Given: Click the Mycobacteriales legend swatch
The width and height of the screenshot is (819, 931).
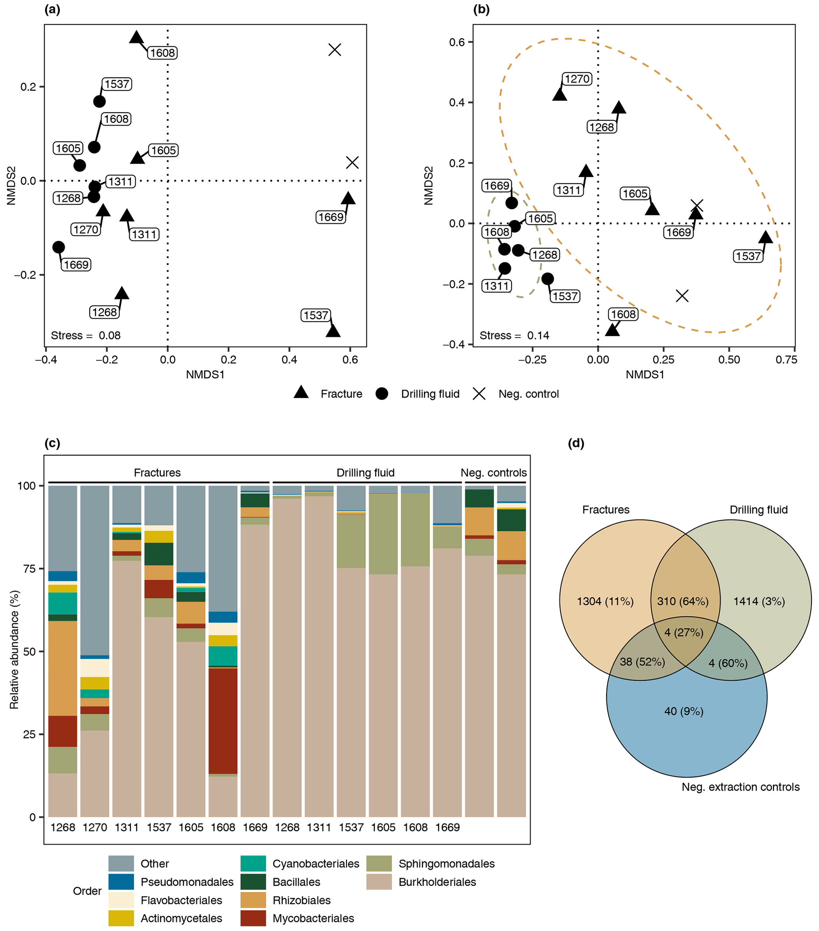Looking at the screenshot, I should pyautogui.click(x=253, y=918).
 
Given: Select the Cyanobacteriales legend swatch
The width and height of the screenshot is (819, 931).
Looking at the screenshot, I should pyautogui.click(x=253, y=864).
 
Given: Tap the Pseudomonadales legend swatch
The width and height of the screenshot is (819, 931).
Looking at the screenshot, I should pyautogui.click(x=121, y=882).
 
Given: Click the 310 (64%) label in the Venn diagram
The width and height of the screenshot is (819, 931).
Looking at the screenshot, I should pyautogui.click(x=682, y=601).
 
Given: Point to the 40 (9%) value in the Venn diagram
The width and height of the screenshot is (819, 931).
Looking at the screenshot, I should pyautogui.click(x=684, y=711).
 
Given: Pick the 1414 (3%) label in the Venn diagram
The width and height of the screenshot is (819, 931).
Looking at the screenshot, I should pyautogui.click(x=759, y=601).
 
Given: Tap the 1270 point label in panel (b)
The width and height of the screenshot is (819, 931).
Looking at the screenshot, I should pyautogui.click(x=577, y=79).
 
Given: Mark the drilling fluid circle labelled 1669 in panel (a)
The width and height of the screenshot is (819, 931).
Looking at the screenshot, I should pyautogui.click(x=59, y=247).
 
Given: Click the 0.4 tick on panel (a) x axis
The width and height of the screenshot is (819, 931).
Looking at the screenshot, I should pyautogui.click(x=289, y=359).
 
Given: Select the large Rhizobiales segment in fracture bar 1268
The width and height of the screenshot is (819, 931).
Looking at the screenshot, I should pyautogui.click(x=63, y=668).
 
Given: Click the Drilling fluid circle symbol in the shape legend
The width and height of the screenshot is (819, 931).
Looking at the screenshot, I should pyautogui.click(x=382, y=394).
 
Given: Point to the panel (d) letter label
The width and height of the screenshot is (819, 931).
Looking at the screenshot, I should pyautogui.click(x=576, y=443).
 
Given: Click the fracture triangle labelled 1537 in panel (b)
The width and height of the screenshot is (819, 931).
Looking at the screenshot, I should pyautogui.click(x=766, y=237).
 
